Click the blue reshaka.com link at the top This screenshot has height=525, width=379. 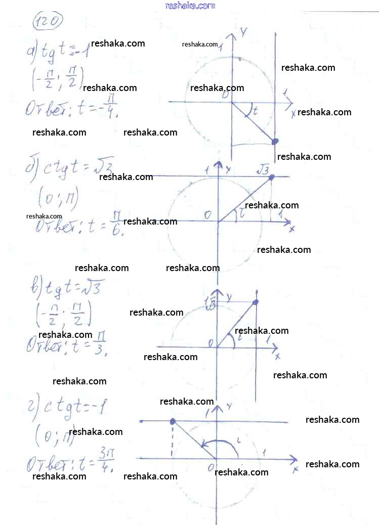point(190,6)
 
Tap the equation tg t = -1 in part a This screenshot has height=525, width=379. point(58,51)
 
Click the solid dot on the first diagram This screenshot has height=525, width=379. point(275,142)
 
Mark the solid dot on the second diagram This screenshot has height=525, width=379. point(271,177)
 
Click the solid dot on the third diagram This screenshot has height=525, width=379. point(256,302)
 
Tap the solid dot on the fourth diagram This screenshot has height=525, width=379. point(173,421)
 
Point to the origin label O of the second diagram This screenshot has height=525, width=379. point(207,215)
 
